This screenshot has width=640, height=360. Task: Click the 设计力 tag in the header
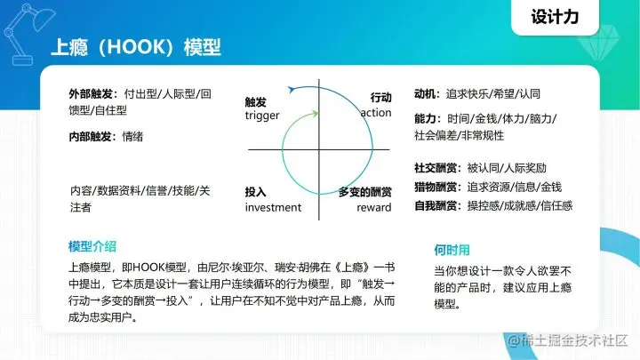(x=560, y=17)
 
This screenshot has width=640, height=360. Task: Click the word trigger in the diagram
(x=262, y=116)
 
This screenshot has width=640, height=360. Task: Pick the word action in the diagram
(x=376, y=114)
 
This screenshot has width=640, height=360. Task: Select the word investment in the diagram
(x=273, y=207)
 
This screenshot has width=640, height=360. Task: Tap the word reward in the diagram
(x=373, y=207)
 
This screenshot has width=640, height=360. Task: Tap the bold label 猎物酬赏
(x=436, y=187)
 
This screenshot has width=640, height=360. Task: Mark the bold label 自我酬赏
(x=436, y=205)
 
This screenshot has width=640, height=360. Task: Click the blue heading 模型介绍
(x=92, y=246)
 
